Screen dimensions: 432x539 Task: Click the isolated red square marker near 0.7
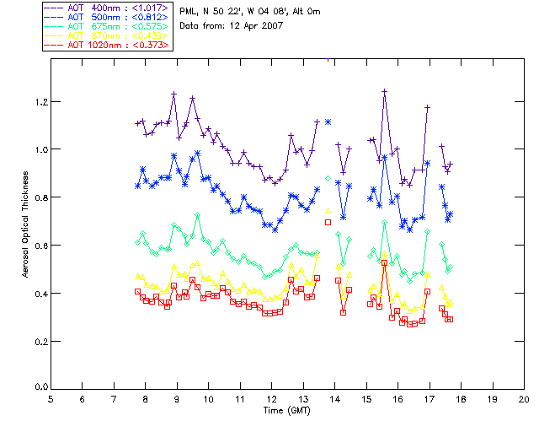click(x=328, y=222)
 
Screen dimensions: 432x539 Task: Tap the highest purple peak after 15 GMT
click(x=384, y=90)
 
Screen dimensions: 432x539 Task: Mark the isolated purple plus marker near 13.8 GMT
click(x=328, y=121)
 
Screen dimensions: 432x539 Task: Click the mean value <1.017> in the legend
click(x=150, y=8)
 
